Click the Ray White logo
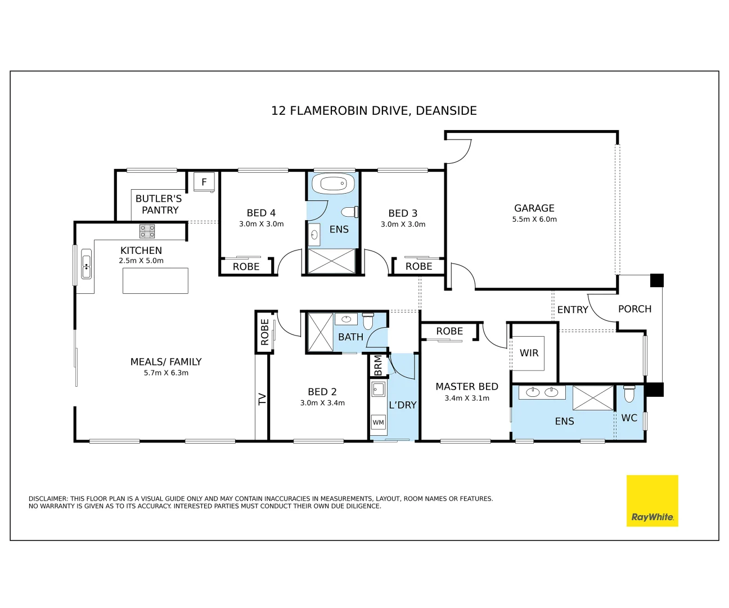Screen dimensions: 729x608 (x=652, y=500)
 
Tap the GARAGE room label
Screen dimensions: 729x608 (x=534, y=208)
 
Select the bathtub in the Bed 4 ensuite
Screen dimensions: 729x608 (x=333, y=183)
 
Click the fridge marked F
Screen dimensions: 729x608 (x=204, y=182)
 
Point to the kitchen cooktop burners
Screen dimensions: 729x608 (x=147, y=231)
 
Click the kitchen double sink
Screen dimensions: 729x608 (x=86, y=264)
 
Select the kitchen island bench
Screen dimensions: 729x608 (x=155, y=280)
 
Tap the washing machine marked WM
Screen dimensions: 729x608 (x=378, y=422)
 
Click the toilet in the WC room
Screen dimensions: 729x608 (x=629, y=394)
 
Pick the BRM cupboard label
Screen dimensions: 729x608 (x=378, y=365)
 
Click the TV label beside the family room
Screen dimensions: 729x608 (x=262, y=399)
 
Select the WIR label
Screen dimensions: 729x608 (x=529, y=353)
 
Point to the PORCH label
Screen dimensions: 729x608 (x=634, y=309)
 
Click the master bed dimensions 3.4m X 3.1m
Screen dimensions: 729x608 (x=467, y=398)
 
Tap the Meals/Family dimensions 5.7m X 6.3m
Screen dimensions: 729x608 (x=166, y=373)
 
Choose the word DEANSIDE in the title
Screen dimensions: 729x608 (x=446, y=111)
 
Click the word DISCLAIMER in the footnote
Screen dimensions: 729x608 (x=48, y=499)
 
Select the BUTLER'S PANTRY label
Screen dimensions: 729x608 (x=159, y=204)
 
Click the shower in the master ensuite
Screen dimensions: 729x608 (x=593, y=398)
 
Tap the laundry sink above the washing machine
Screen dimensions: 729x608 (x=378, y=389)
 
